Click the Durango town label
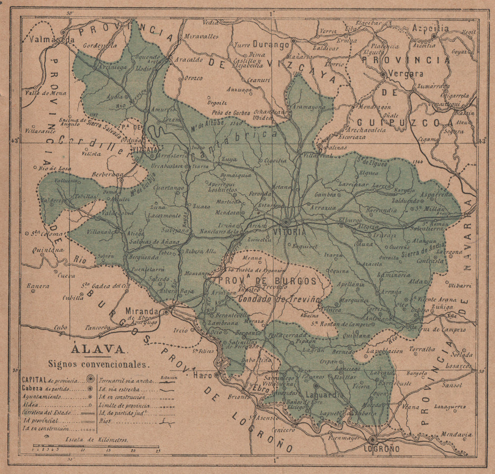click(271, 44)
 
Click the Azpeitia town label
click(431, 28)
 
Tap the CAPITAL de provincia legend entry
click(49, 380)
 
